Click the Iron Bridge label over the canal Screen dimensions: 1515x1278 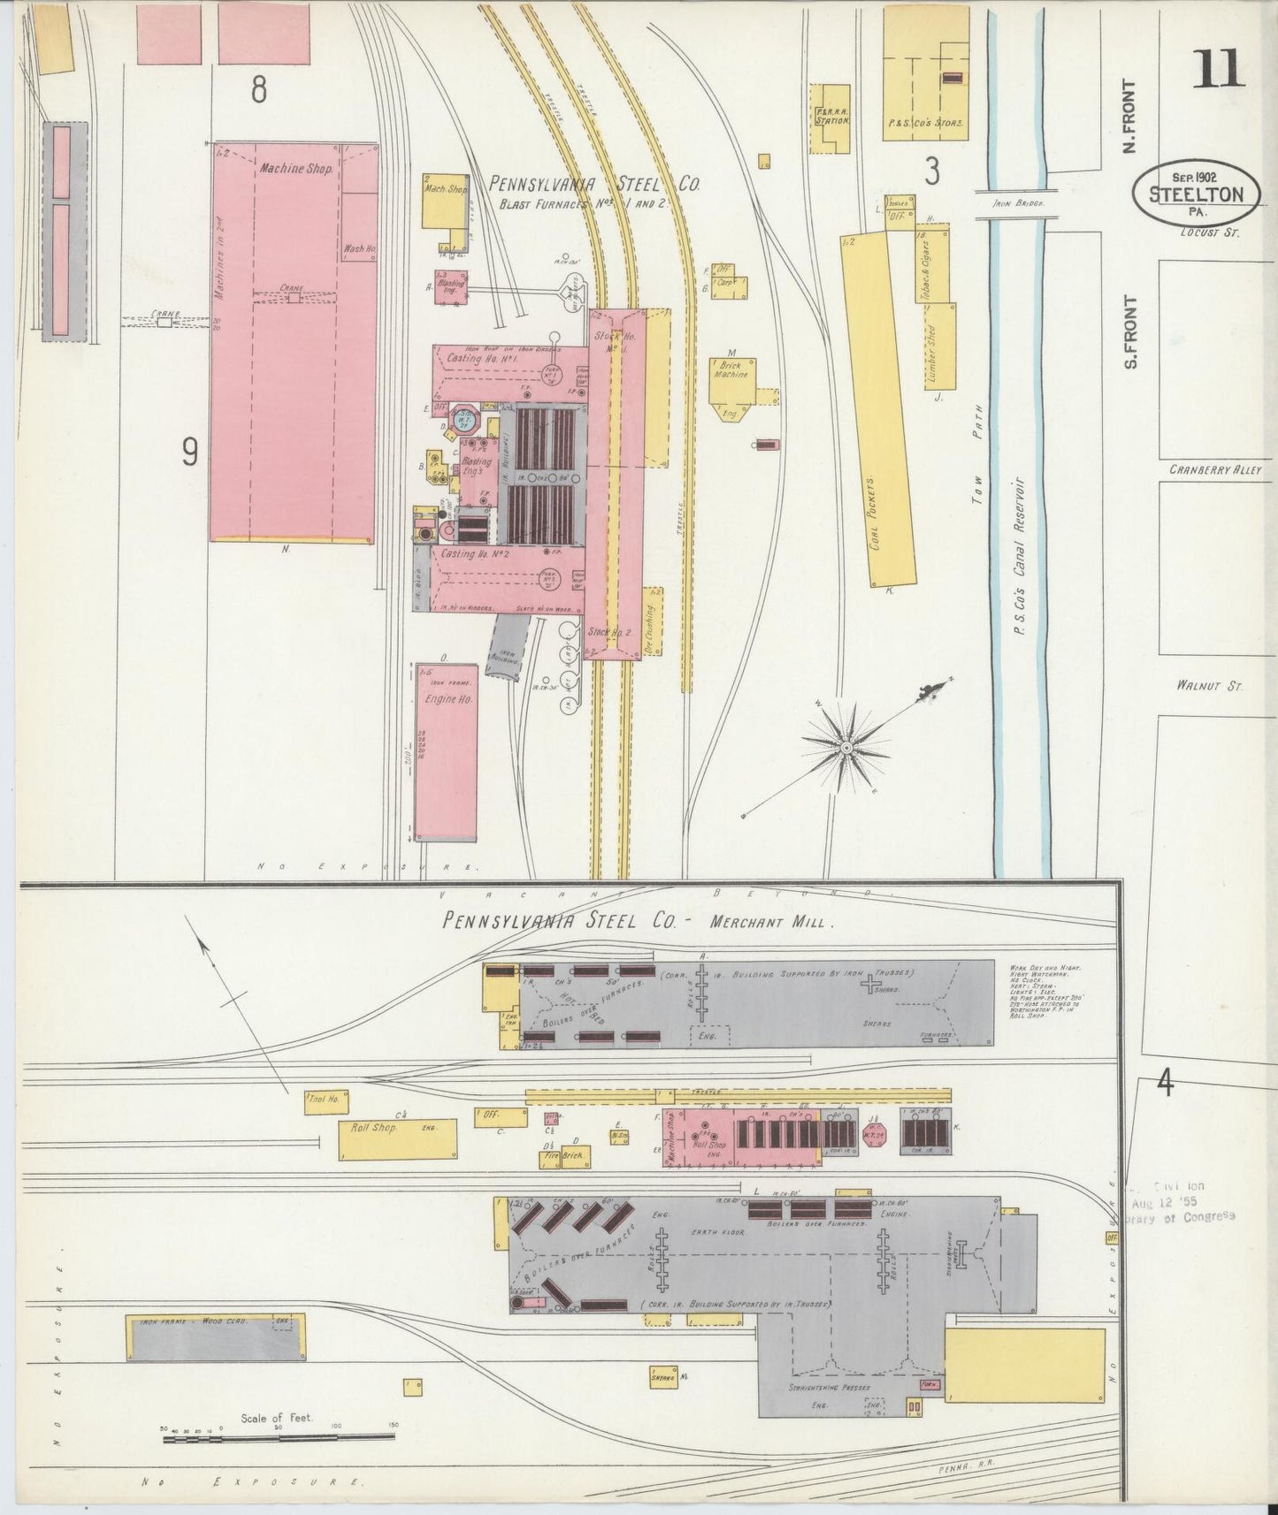pyautogui.click(x=1012, y=202)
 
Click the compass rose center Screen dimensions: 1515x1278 pyautogui.click(x=846, y=748)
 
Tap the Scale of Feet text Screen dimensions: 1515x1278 pyautogui.click(x=276, y=1418)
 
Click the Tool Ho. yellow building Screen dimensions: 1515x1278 pyautogui.click(x=325, y=1100)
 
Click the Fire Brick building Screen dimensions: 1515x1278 pyautogui.click(x=575, y=1156)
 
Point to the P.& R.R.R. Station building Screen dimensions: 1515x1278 pyautogui.click(x=830, y=115)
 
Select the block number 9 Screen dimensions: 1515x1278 pyautogui.click(x=189, y=453)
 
